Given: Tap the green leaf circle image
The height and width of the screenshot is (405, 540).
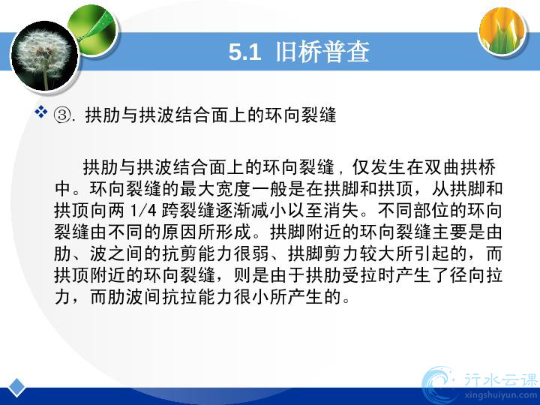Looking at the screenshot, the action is (93, 29).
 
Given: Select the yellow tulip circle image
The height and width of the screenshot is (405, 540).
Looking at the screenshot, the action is (502, 30).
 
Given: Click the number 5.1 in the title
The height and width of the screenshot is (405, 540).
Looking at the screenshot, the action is (244, 52).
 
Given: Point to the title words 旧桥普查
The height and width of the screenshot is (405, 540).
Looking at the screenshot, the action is (322, 52).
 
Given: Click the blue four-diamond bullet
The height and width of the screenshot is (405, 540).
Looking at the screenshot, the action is (41, 112).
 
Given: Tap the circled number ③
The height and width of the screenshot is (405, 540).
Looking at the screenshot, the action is (62, 115).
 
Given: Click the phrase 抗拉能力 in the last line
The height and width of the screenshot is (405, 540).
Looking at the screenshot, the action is (197, 296).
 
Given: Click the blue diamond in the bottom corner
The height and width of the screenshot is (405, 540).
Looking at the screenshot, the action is (16, 388).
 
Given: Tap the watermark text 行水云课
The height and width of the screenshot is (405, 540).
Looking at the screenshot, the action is (501, 379).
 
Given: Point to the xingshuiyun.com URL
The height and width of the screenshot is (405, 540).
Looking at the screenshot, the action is (500, 395).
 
